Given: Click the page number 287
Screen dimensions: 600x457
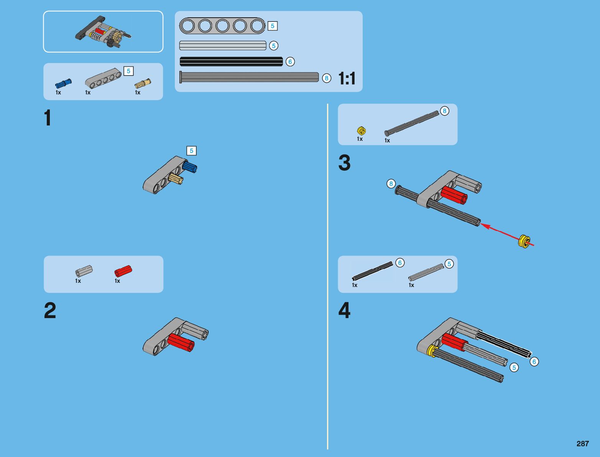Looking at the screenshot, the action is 582,443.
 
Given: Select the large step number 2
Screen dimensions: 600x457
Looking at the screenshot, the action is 50,310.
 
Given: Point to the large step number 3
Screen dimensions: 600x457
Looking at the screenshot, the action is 344,163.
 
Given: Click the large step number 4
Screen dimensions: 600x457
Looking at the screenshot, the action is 344,310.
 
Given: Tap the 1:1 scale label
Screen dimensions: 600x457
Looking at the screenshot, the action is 347,78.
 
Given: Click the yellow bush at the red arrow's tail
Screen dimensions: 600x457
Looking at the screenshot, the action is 524,241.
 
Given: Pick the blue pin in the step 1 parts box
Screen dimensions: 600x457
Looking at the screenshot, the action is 63,83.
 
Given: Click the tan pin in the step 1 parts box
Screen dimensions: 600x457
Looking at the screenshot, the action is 143,83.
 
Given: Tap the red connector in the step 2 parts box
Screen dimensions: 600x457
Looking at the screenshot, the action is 123,271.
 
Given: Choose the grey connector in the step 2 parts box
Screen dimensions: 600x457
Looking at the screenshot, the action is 84,271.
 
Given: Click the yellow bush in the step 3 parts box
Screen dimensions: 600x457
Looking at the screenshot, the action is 362,131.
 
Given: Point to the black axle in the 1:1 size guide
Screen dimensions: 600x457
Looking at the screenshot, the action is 231,61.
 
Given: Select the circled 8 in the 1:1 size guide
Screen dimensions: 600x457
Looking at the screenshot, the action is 326,78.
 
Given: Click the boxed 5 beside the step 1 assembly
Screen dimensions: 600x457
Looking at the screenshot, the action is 191,151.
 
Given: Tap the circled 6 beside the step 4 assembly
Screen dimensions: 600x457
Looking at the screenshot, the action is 534,361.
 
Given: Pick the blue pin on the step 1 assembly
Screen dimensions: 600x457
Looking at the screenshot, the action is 189,167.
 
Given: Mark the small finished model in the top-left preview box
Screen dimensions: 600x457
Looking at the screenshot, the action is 103,32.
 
